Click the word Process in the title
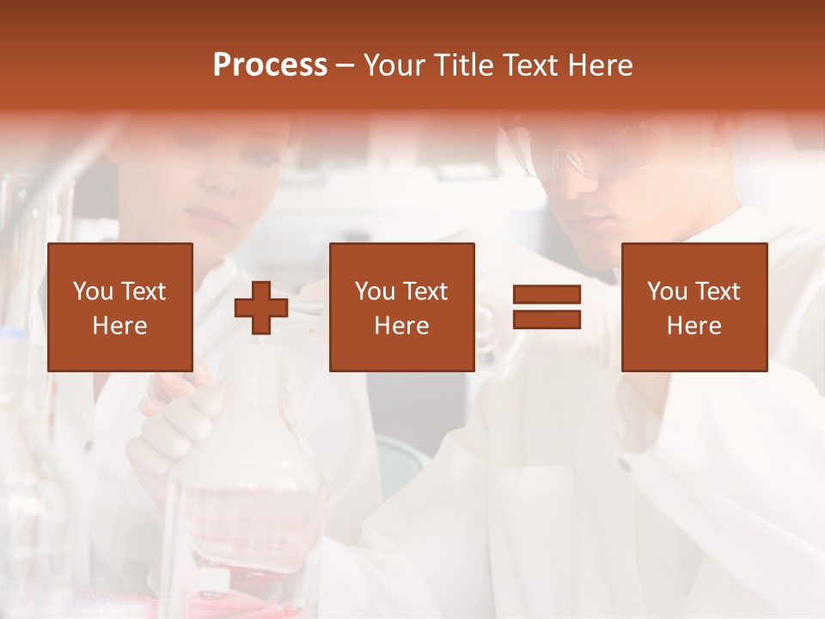(270, 65)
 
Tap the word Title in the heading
(464, 65)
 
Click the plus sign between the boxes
(261, 308)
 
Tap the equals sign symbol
(547, 308)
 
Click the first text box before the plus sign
(120, 307)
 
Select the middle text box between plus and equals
(401, 307)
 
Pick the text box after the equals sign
(694, 307)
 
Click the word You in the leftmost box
(93, 291)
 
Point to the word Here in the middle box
(401, 326)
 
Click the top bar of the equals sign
(547, 295)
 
